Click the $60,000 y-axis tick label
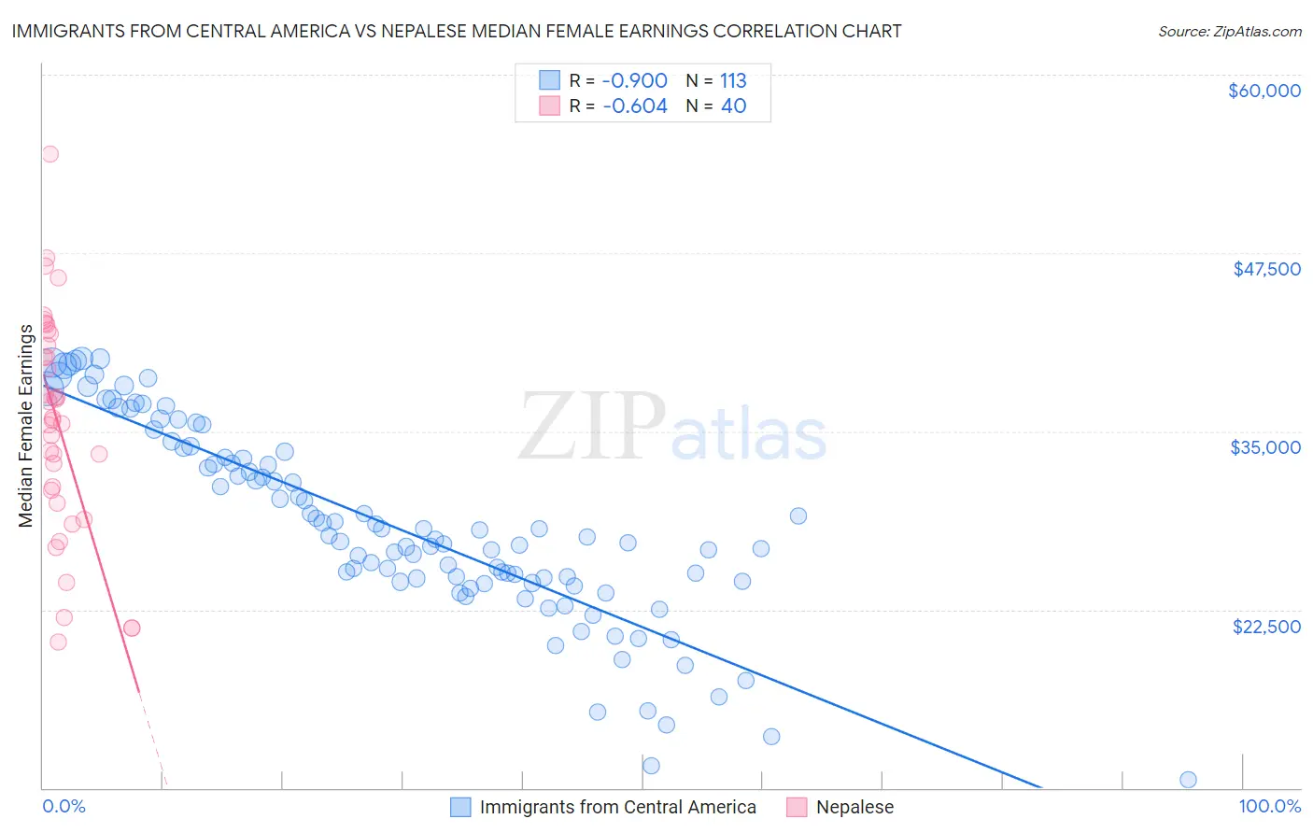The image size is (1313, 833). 1264,91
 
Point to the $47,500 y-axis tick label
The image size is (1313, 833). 1266,269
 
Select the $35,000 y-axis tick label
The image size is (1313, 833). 1265,447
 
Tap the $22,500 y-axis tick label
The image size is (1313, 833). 1266,627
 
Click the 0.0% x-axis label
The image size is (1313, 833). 64,806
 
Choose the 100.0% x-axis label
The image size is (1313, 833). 1269,806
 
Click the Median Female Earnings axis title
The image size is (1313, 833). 26,426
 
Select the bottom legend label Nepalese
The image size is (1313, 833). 854,807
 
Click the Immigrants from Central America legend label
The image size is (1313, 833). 617,807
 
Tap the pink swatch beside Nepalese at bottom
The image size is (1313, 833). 797,807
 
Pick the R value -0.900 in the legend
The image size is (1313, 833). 634,80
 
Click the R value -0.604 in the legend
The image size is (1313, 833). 634,106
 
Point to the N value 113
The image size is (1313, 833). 733,80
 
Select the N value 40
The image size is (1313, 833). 733,106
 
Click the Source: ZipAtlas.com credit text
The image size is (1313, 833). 1229,32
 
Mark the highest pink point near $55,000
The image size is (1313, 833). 50,154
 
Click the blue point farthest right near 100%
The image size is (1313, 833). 1188,780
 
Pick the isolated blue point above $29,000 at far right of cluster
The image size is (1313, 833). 798,515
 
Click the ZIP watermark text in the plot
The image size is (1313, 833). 592,427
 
